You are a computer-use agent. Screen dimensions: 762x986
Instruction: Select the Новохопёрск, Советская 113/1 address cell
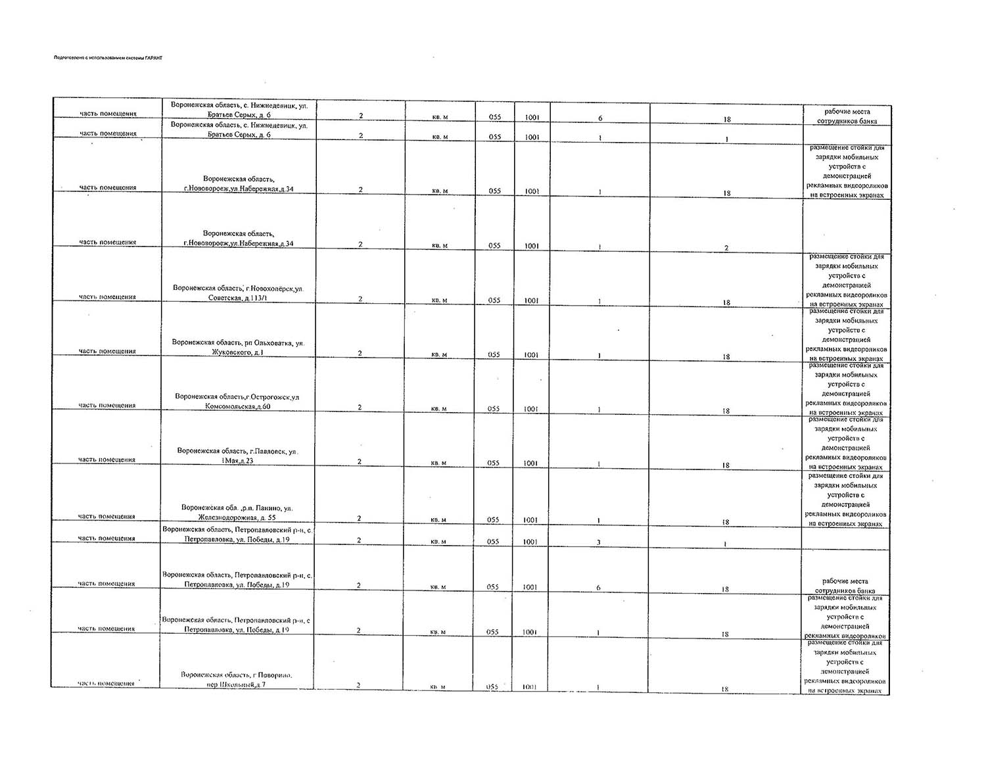pos(238,293)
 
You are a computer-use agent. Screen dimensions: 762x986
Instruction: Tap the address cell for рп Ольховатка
pos(238,347)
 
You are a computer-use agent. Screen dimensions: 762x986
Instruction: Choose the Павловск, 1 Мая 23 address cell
pos(237,456)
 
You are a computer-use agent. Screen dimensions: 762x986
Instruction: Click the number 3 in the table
pos(598,542)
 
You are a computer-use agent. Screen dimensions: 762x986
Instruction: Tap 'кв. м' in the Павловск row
pos(438,463)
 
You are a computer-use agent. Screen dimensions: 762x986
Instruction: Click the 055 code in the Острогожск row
pos(494,409)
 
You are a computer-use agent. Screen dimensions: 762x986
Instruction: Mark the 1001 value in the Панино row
pos(530,519)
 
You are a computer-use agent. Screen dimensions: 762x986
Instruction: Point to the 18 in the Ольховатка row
pos(726,357)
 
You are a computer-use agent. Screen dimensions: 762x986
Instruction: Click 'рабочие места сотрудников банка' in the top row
pos(846,116)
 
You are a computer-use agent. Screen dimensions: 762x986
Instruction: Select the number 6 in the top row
pos(600,118)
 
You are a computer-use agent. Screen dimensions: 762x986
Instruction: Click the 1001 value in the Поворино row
pos(530,686)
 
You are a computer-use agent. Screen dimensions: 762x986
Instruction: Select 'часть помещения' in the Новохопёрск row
pos(107,297)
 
